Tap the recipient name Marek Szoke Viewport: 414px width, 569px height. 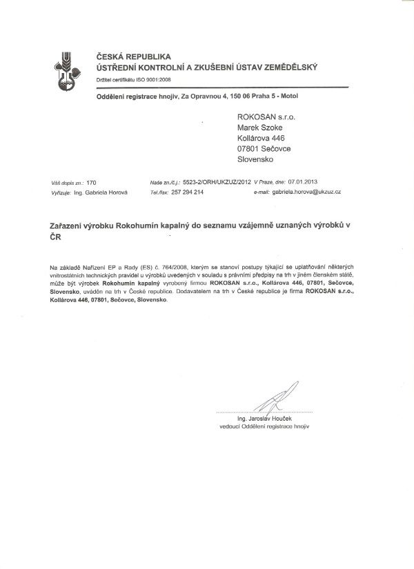[259, 127]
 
